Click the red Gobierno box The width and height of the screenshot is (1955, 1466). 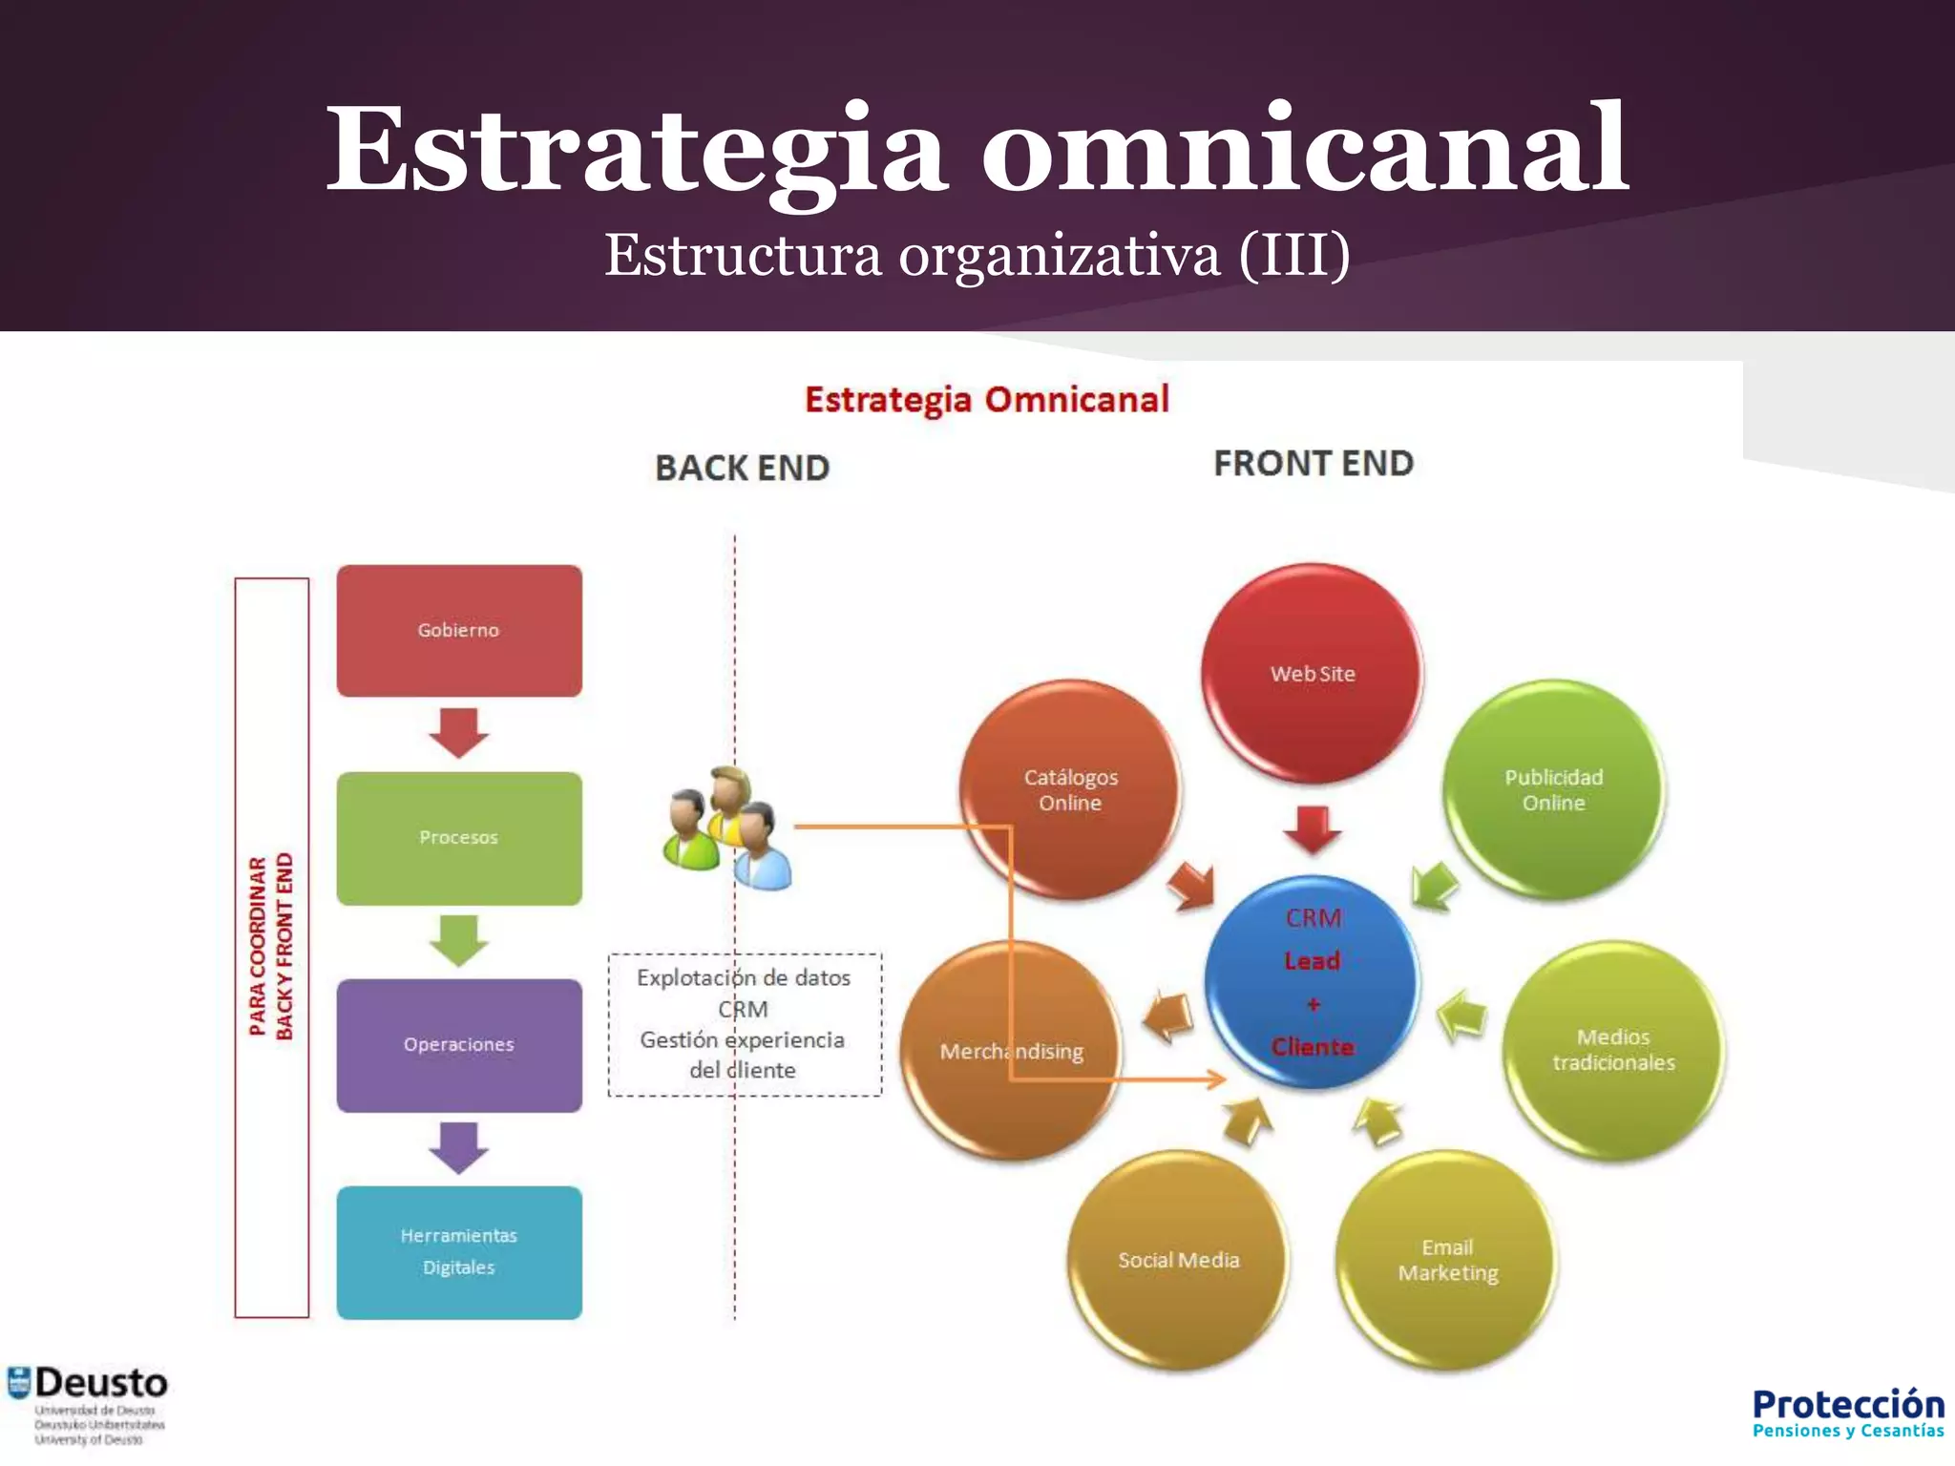459,630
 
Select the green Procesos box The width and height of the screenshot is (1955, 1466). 459,838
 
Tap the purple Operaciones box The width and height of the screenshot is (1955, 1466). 459,1045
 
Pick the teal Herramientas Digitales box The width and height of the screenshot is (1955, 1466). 459,1252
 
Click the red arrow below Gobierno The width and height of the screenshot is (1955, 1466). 459,733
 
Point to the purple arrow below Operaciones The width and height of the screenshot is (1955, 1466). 459,1147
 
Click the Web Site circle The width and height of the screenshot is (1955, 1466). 1313,673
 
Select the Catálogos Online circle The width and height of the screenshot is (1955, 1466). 1070,789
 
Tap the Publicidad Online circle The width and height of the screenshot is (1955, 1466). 1553,789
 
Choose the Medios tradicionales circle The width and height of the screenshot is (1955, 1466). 1613,1050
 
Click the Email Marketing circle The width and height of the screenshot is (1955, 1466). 1447,1260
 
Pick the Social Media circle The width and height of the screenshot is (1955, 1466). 1179,1260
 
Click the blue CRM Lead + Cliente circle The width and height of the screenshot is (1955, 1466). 1313,982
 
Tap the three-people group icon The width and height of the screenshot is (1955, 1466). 728,828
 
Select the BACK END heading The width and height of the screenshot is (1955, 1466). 742,468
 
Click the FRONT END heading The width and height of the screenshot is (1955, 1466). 1314,464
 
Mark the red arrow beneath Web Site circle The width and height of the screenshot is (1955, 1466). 1313,828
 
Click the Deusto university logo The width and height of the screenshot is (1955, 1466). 88,1404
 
